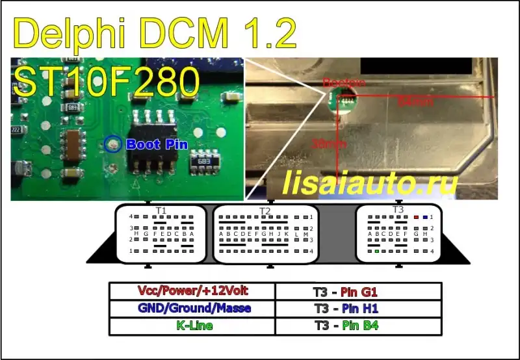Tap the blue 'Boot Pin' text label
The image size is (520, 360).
[x=157, y=144]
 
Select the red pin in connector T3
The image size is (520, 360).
[x=416, y=217]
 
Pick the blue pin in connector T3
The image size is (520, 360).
[x=425, y=217]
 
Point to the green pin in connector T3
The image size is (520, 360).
[x=377, y=251]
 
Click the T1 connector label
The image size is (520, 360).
[x=161, y=211]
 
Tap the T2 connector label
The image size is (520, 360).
[x=265, y=211]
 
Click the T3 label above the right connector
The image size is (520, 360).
[x=398, y=209]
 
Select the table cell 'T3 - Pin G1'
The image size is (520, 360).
[x=359, y=290]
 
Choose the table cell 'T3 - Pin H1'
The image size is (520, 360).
[x=359, y=308]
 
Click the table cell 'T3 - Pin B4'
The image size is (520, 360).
[x=359, y=326]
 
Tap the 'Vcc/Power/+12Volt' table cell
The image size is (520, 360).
[x=192, y=290]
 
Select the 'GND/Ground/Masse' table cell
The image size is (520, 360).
[x=192, y=308]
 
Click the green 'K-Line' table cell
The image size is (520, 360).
[x=192, y=326]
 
